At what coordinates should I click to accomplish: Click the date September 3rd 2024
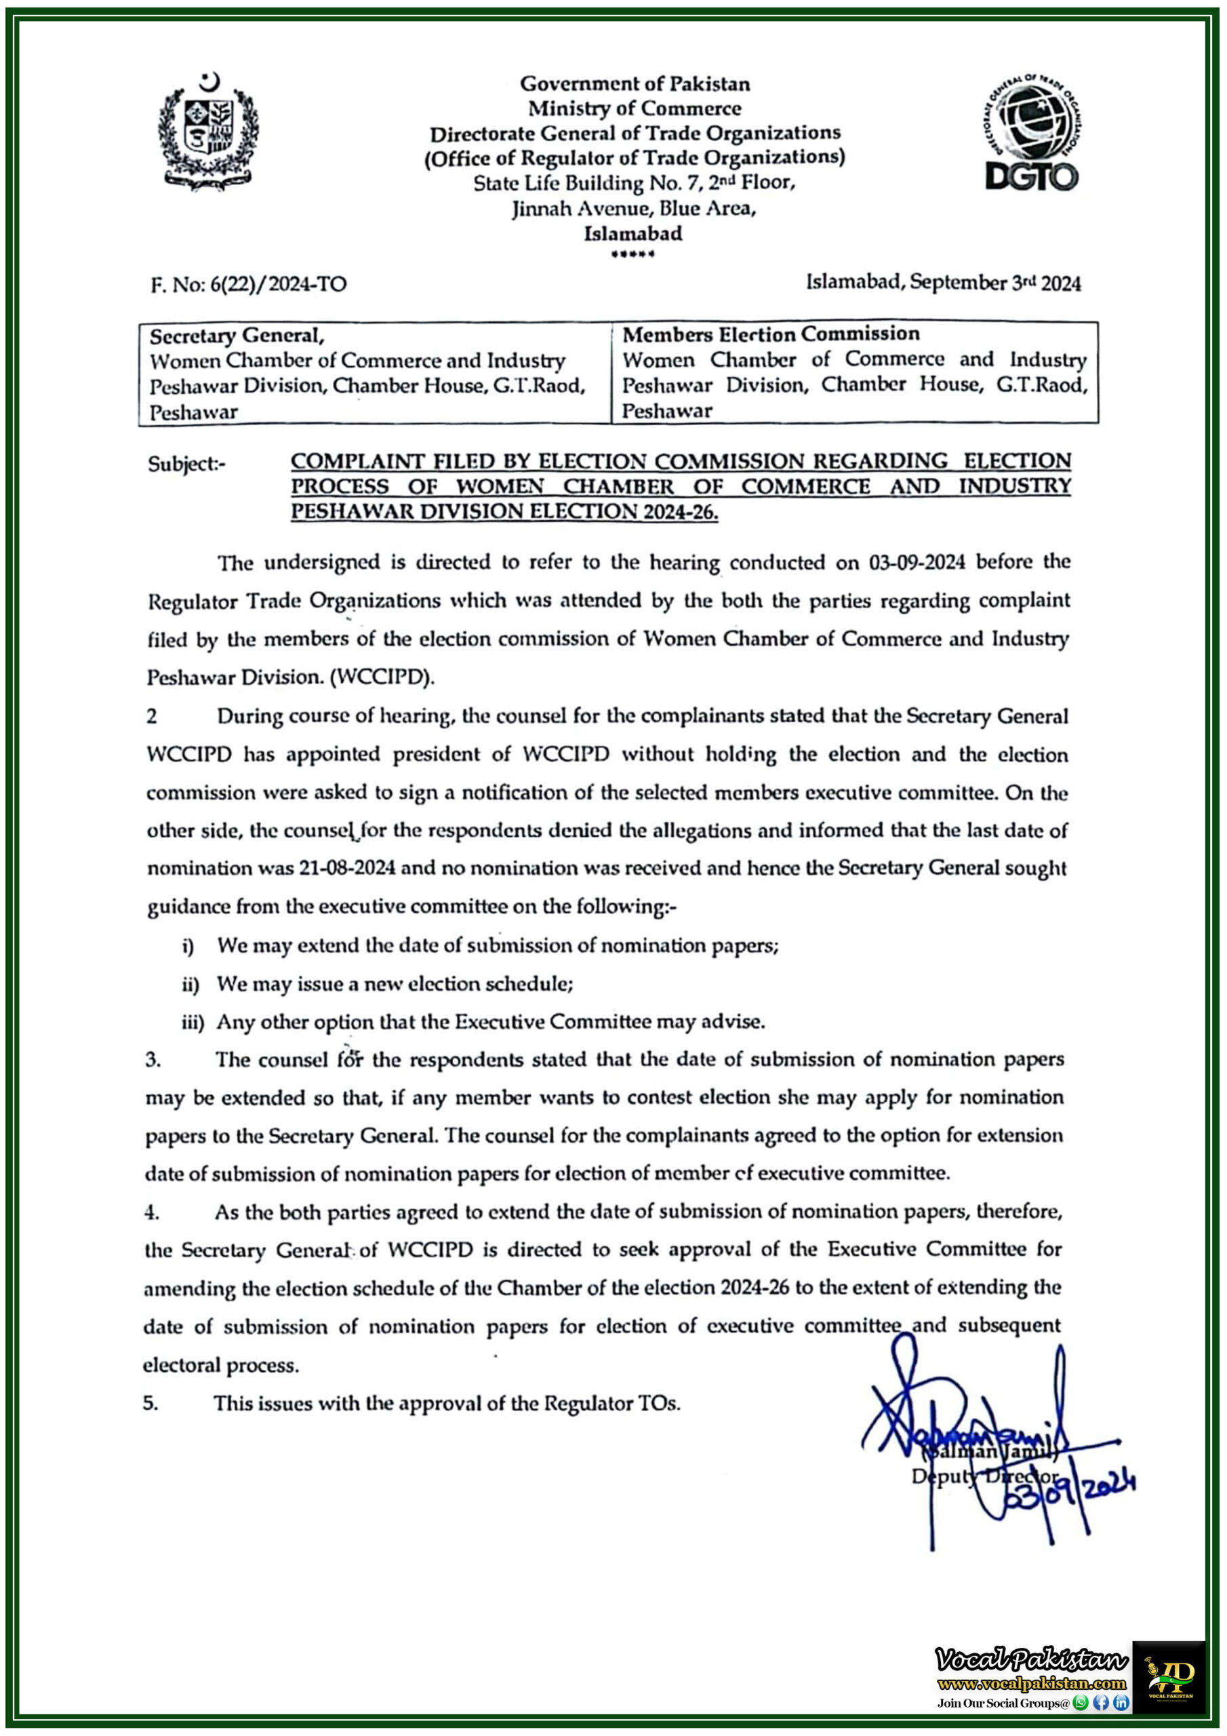[995, 283]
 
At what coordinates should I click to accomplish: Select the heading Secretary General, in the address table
[237, 336]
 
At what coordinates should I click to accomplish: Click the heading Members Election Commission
[771, 334]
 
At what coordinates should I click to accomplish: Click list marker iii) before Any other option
[192, 1022]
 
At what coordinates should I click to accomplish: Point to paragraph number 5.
[150, 1403]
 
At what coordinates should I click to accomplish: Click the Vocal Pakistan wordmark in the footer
[1031, 1661]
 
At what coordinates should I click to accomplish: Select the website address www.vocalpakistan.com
[1031, 1683]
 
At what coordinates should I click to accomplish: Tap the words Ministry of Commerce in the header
[635, 109]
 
